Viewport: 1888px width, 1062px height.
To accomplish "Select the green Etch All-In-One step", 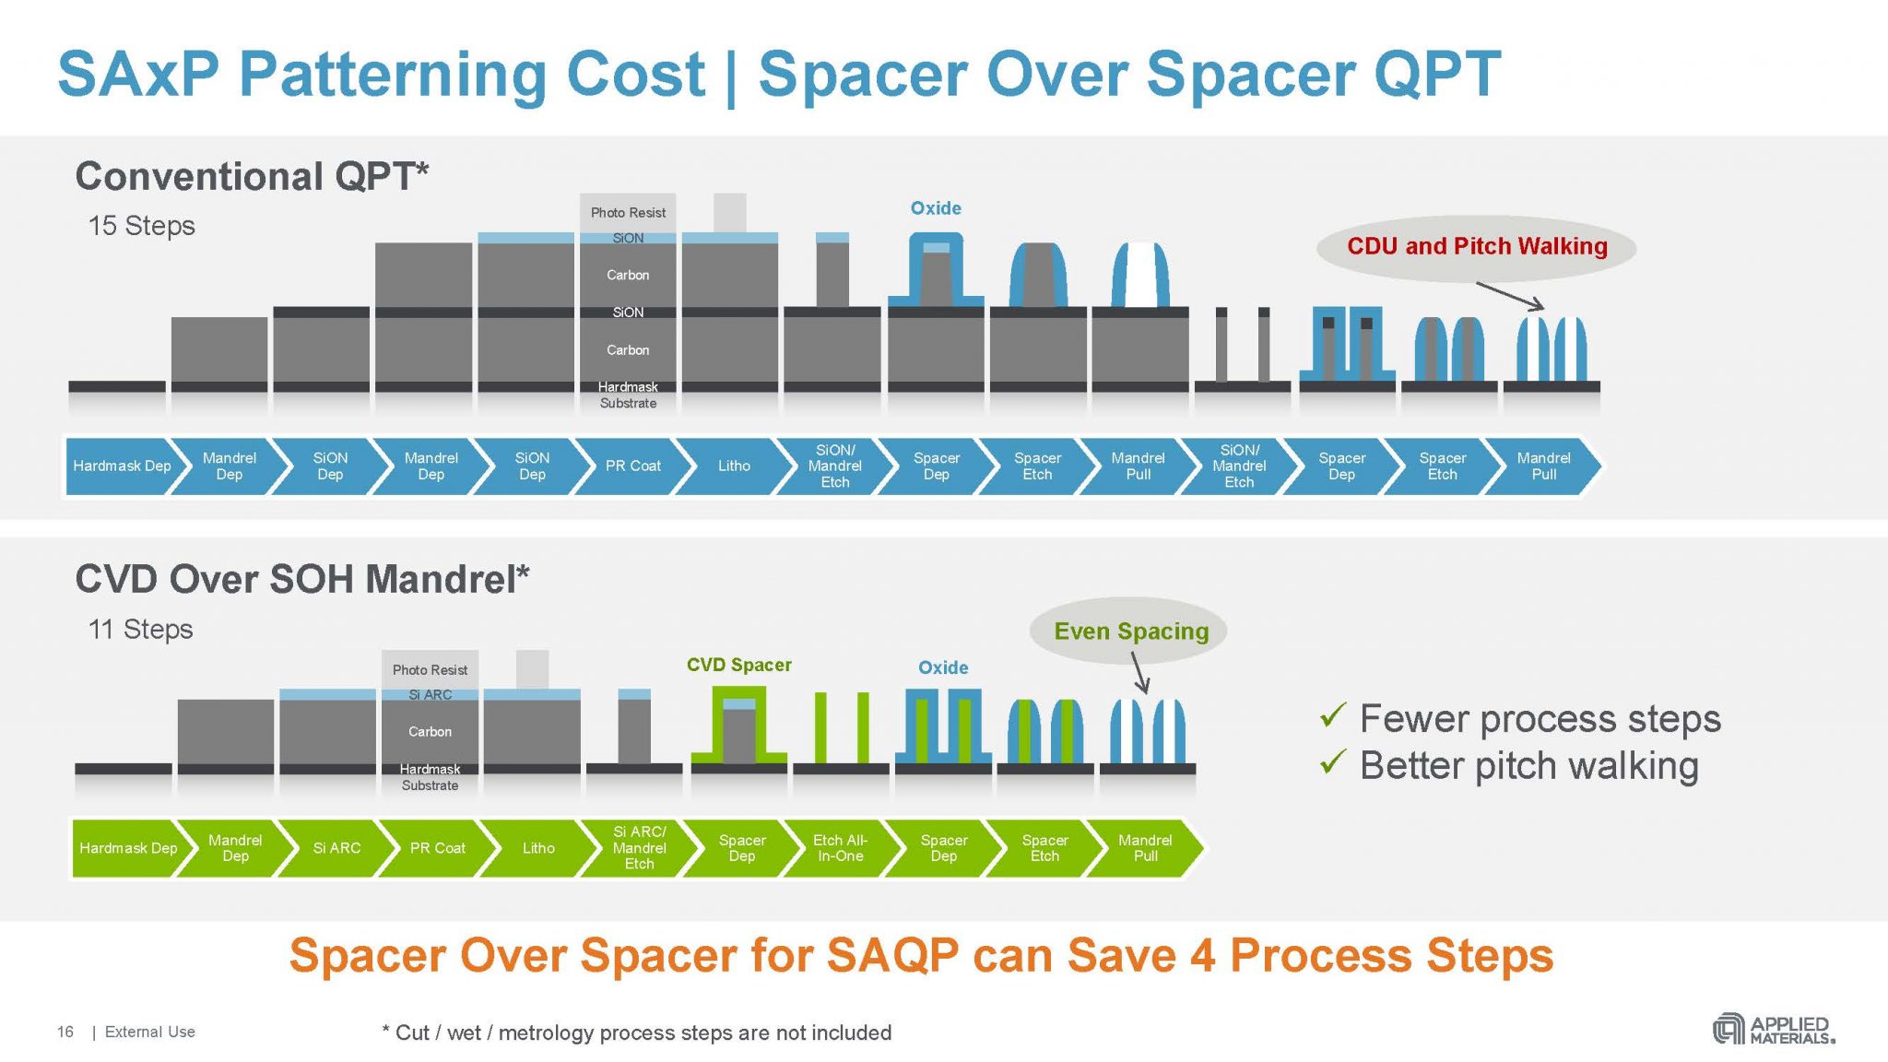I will point(840,847).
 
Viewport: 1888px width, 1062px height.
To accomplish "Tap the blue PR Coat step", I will point(632,466).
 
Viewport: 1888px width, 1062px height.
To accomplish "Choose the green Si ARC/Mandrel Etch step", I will point(639,847).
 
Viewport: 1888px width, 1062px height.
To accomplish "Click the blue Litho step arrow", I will point(734,466).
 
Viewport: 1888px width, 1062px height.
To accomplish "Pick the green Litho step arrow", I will point(538,847).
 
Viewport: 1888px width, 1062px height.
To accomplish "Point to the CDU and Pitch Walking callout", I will point(1476,246).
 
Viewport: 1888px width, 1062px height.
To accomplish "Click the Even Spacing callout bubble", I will point(1130,631).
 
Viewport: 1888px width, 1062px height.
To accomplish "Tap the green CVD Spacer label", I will point(738,665).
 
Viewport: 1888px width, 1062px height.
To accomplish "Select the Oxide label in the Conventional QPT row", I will point(936,208).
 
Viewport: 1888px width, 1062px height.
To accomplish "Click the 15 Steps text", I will point(141,226).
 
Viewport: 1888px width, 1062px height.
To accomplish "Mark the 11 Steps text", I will point(140,630).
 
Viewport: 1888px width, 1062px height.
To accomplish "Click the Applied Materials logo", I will point(1773,1029).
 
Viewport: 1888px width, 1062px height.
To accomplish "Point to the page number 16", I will point(65,1032).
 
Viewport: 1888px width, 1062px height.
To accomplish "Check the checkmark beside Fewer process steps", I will point(1333,715).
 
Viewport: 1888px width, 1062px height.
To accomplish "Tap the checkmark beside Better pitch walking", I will point(1333,762).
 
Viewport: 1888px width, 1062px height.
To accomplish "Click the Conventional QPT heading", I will point(252,176).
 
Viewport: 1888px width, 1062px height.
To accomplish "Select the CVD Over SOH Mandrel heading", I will point(301,579).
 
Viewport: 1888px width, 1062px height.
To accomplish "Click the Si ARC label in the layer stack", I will point(430,694).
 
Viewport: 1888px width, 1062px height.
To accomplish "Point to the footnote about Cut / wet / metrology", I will point(636,1032).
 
